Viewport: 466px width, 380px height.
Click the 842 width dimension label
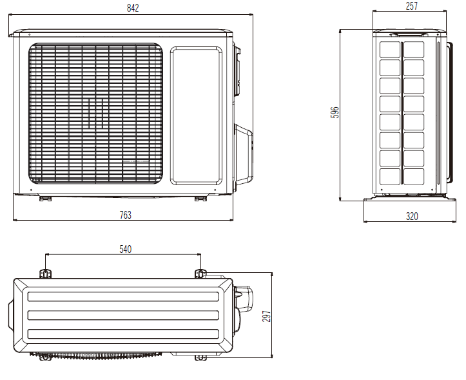[133, 8]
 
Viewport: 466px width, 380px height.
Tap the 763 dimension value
[126, 215]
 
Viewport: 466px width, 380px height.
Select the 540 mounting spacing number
[126, 249]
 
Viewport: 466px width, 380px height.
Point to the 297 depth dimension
[267, 315]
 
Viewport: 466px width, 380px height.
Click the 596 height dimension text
[335, 112]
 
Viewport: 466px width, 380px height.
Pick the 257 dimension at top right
[412, 6]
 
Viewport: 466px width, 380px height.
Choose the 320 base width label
[412, 216]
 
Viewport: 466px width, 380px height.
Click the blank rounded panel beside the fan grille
[196, 115]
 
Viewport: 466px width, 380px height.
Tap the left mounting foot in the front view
[45, 199]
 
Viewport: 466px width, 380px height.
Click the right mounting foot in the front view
[200, 199]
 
